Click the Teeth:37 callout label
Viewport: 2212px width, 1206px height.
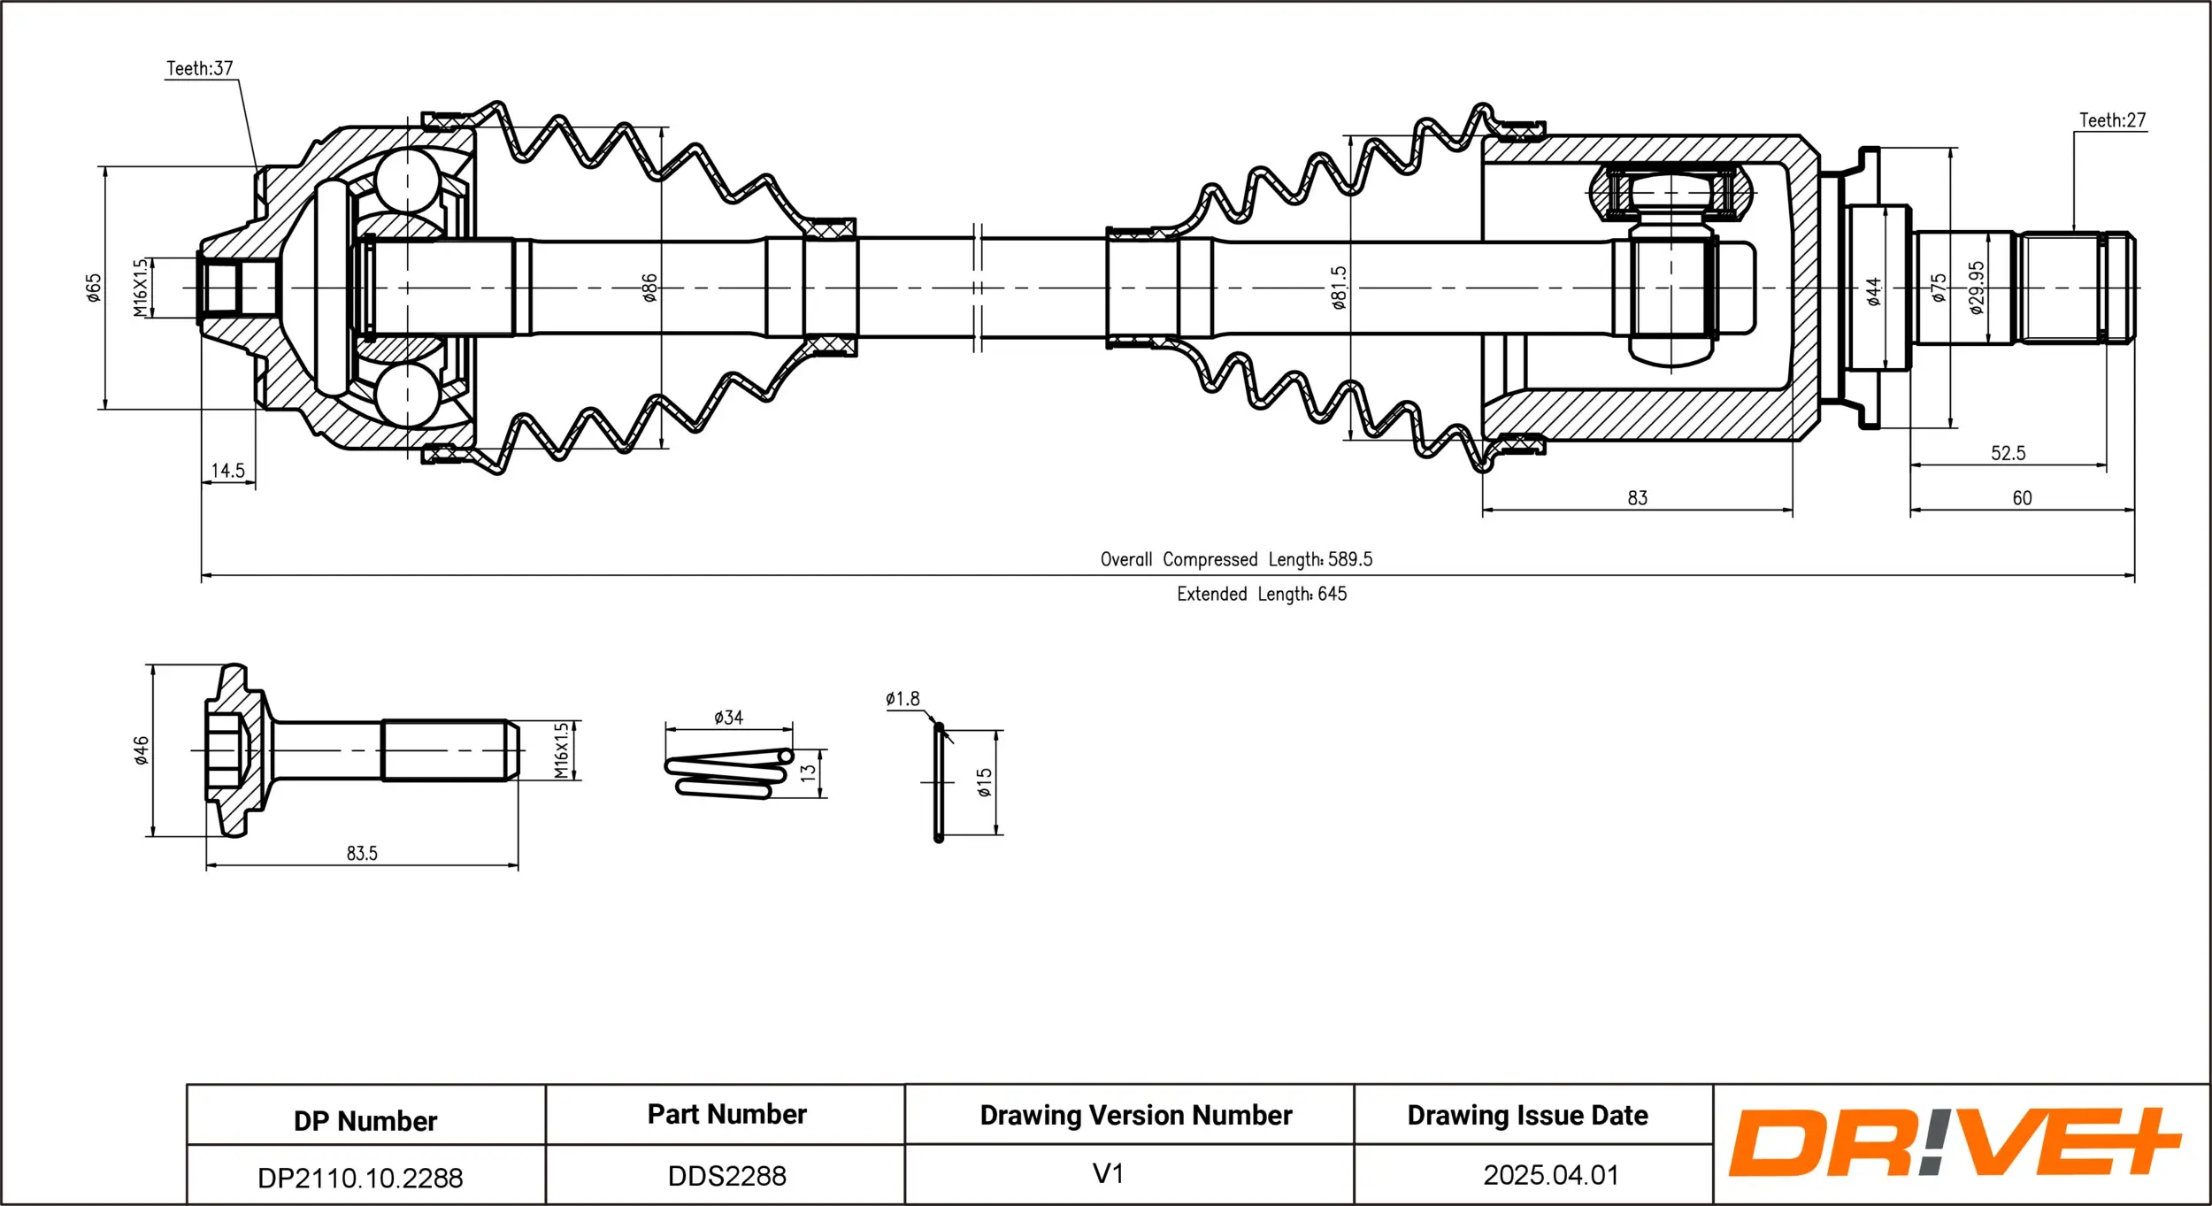(199, 68)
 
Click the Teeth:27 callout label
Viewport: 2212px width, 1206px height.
(2111, 120)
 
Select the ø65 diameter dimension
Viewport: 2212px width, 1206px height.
(94, 288)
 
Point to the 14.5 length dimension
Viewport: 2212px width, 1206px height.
(227, 471)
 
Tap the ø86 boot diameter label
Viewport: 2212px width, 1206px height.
(649, 288)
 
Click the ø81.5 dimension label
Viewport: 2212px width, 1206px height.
(1339, 288)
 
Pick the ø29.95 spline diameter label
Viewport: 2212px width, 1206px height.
(1977, 288)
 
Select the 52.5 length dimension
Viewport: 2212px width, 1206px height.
(2008, 453)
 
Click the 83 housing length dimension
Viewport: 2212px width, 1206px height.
(1637, 498)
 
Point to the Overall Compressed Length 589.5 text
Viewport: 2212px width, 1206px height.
(1236, 559)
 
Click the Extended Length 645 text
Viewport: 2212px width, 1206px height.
(1261, 594)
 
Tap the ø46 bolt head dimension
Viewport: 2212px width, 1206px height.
(141, 749)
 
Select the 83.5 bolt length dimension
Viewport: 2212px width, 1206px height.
(361, 853)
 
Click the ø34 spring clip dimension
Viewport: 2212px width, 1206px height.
(728, 718)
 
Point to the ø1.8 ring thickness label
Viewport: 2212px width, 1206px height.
(902, 699)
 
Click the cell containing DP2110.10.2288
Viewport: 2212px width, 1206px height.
(360, 1178)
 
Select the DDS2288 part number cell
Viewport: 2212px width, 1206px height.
(726, 1176)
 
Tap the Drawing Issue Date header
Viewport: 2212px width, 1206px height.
(1527, 1115)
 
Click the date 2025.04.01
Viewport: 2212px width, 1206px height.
(1550, 1175)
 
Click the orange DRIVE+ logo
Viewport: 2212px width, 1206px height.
(1954, 1142)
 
